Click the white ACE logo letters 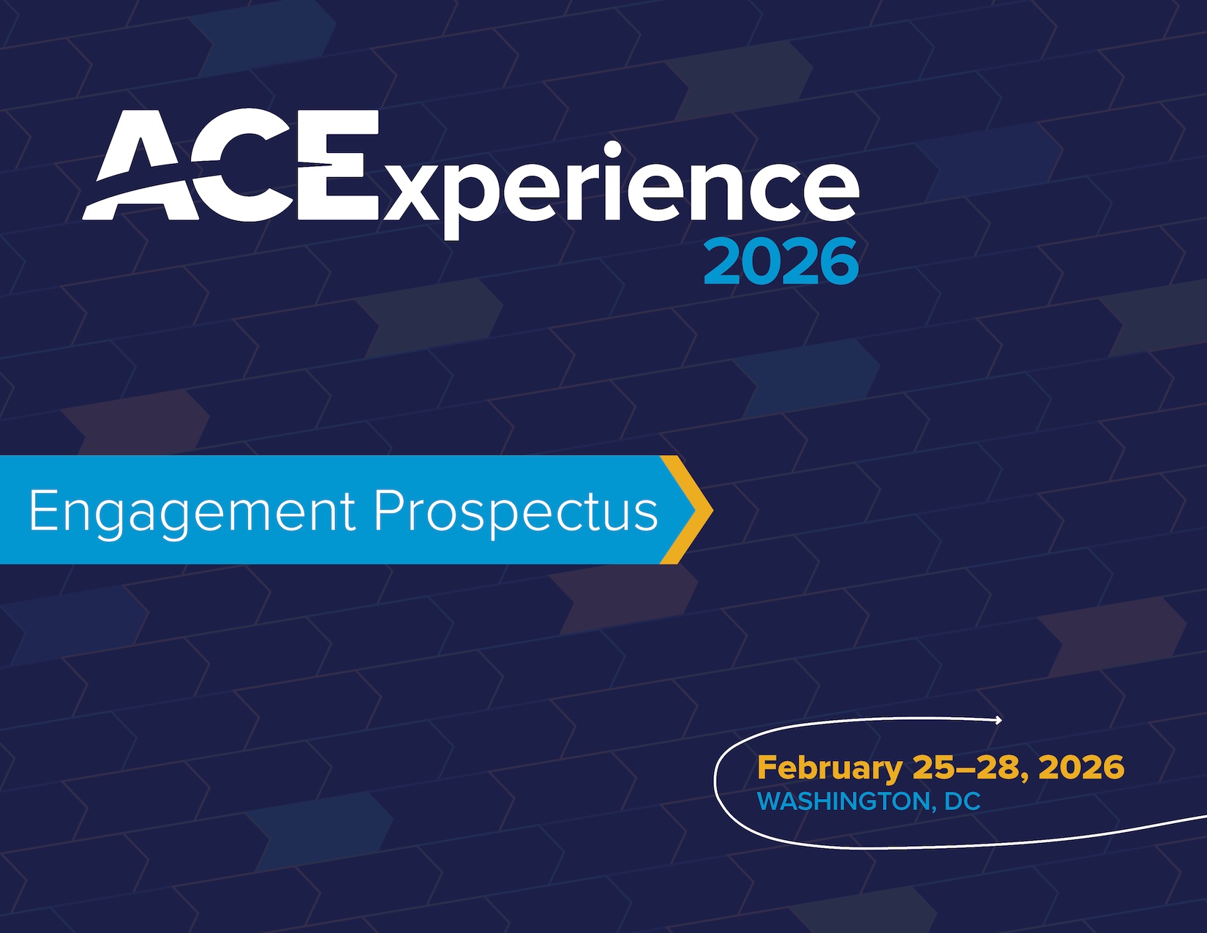[230, 165]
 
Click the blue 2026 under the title [781, 261]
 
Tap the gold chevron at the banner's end [687, 509]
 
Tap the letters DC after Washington [963, 801]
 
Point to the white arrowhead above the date [998, 720]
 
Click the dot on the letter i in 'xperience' [613, 149]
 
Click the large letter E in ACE [338, 165]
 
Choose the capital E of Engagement [42, 509]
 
